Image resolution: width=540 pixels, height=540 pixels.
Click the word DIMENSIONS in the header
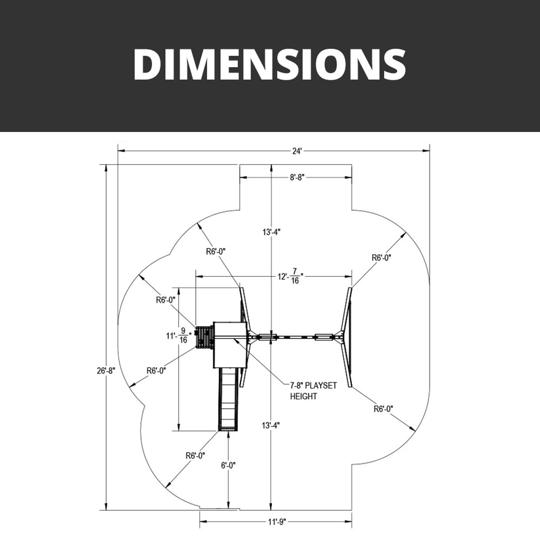tap(270, 64)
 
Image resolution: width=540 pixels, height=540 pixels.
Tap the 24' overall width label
tap(297, 151)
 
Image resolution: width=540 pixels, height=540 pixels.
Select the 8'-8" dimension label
tap(297, 177)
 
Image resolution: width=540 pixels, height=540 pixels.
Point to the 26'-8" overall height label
tap(106, 371)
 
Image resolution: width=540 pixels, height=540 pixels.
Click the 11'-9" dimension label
tap(276, 522)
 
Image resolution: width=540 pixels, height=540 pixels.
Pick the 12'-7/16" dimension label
tap(291, 276)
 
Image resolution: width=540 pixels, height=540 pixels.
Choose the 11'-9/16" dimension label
tap(178, 335)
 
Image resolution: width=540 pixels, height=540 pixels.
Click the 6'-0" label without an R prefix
tap(228, 465)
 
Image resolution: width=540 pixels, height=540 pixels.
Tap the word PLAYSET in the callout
tap(321, 386)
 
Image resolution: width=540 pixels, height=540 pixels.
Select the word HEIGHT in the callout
tap(303, 397)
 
